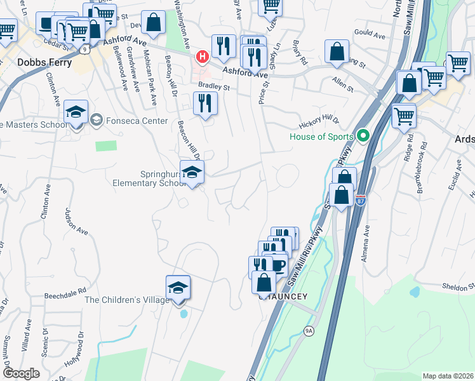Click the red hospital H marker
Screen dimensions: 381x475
tap(203, 57)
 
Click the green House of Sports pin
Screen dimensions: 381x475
tap(363, 135)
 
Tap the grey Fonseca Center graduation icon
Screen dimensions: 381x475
tap(96, 119)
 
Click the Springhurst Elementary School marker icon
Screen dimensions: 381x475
tap(192, 172)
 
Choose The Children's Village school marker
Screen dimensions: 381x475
tap(178, 286)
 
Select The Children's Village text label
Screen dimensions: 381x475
tap(127, 300)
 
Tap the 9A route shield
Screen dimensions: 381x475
tap(309, 331)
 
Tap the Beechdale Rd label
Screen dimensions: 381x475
tap(65, 295)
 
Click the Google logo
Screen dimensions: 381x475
tap(21, 373)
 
